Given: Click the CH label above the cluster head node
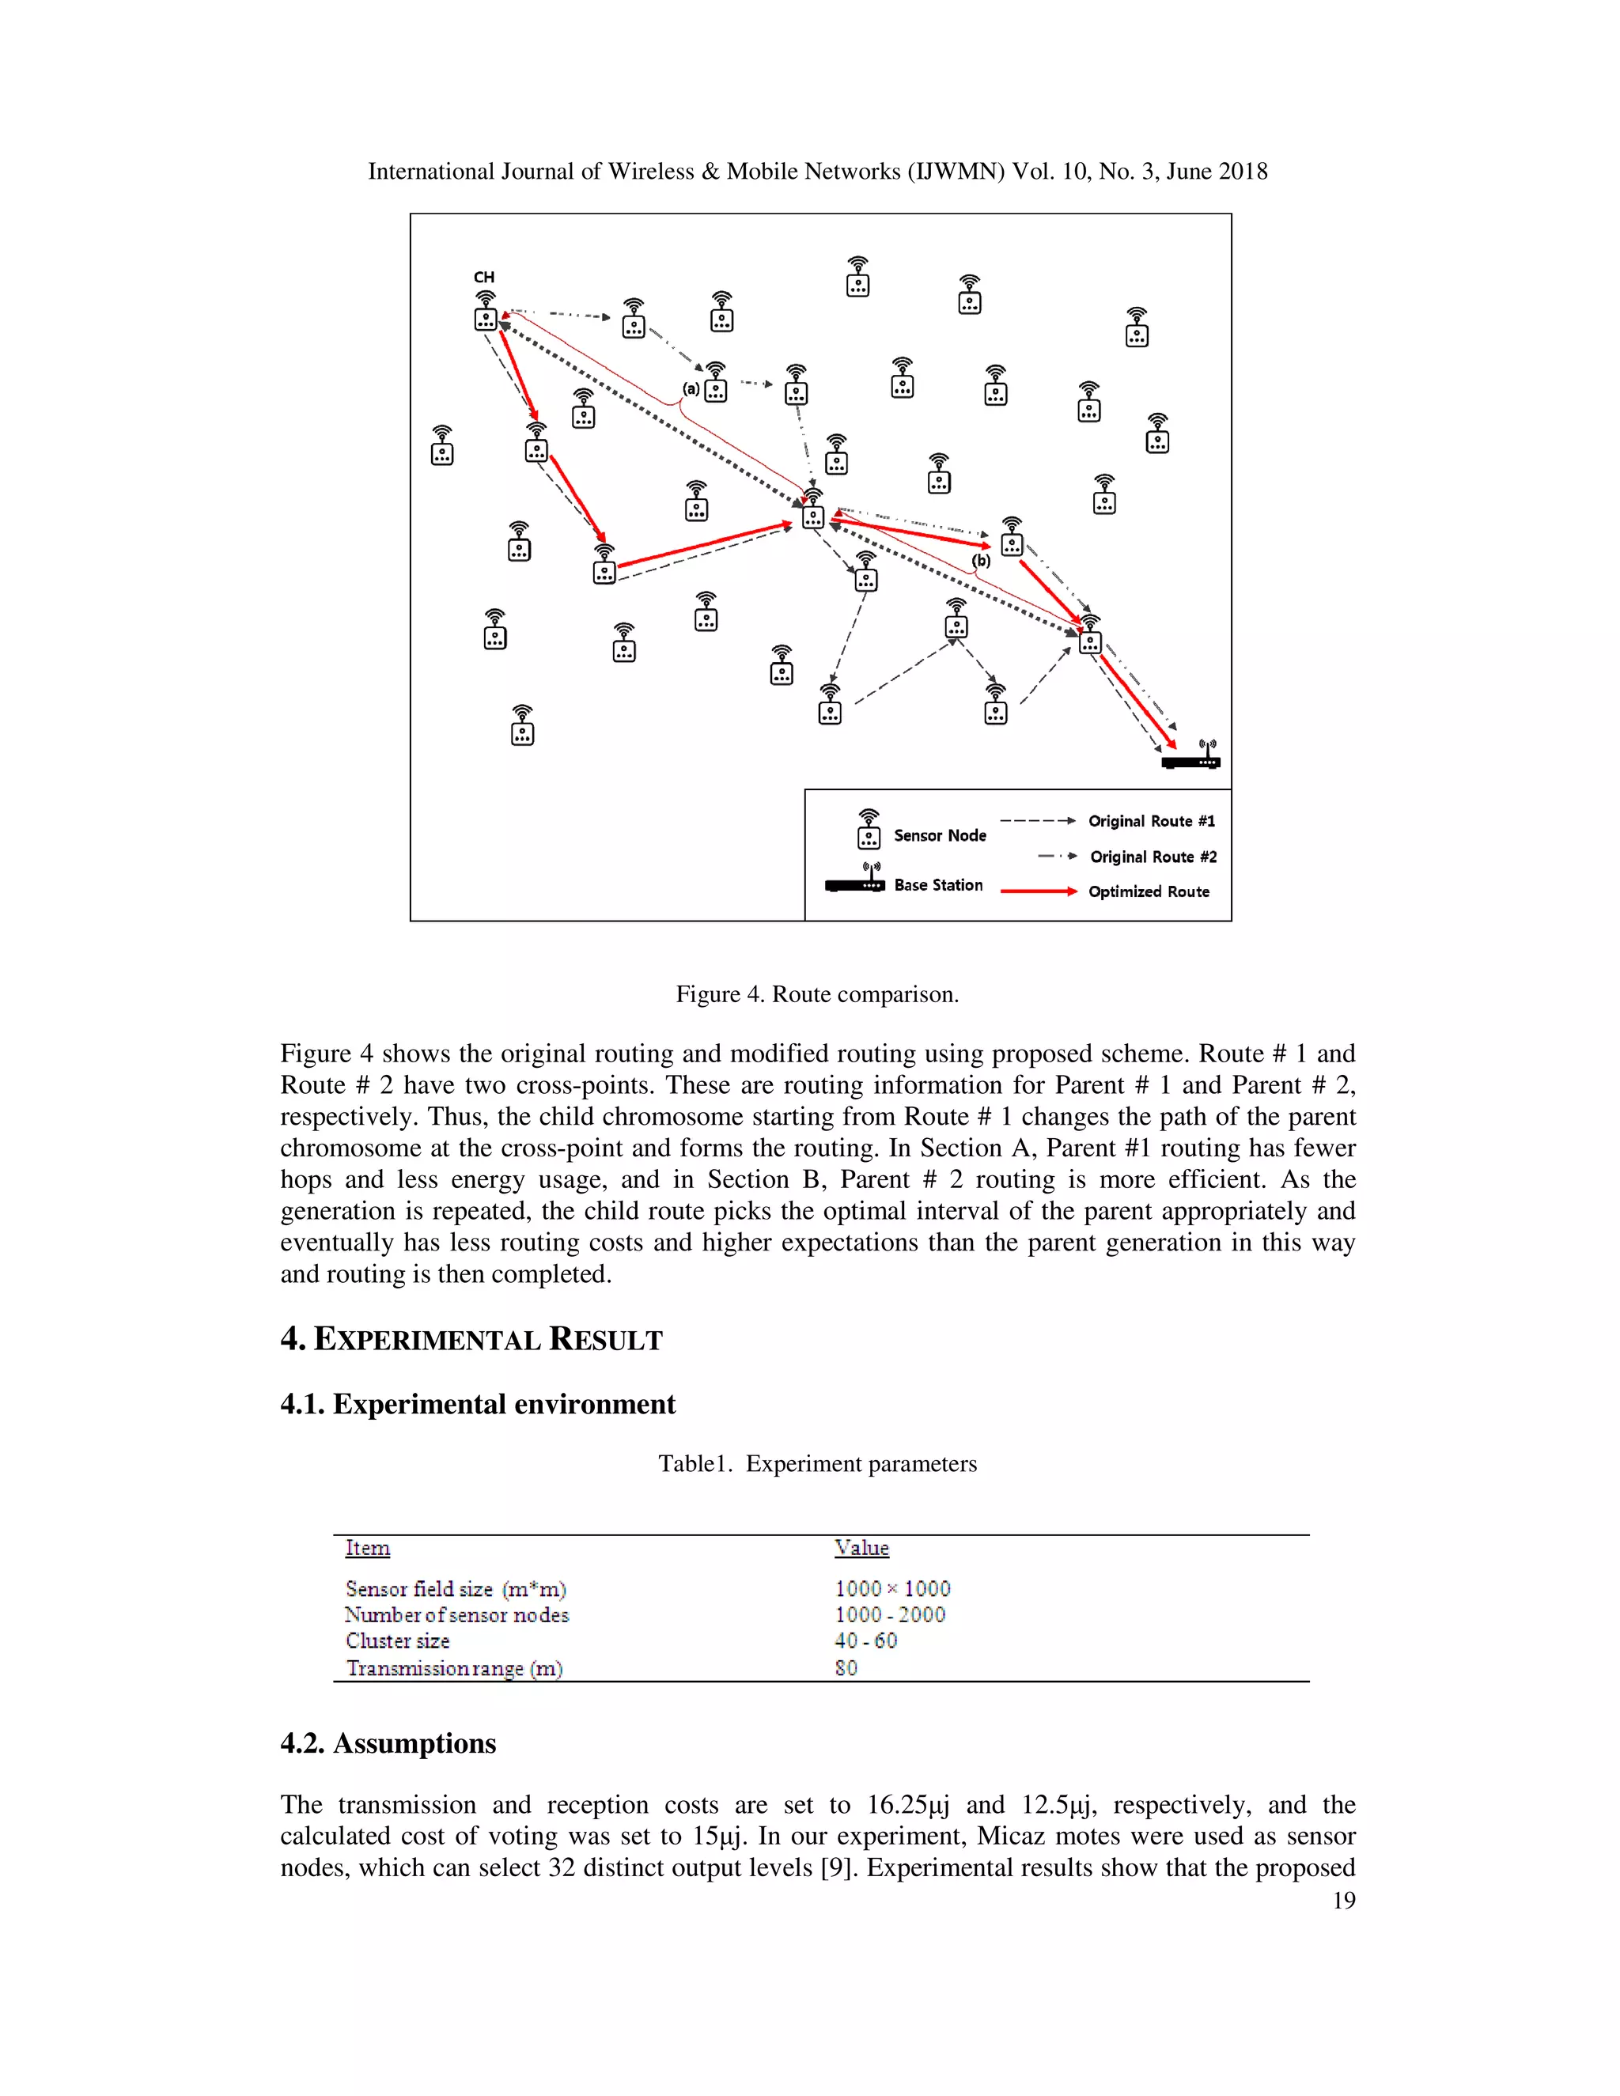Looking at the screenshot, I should pyautogui.click(x=483, y=278).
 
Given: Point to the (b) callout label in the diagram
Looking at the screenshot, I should pyautogui.click(x=980, y=561).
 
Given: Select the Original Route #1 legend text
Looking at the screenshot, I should pyautogui.click(x=1151, y=822).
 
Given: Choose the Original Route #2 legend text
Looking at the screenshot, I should pyautogui.click(x=1153, y=857).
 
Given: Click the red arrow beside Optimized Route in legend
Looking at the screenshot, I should pyautogui.click(x=1039, y=891).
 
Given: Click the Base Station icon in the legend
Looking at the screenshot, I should pyautogui.click(x=855, y=881).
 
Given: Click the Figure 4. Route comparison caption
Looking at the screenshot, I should pyautogui.click(x=816, y=994).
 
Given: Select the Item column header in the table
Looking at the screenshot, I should pyautogui.click(x=368, y=1548).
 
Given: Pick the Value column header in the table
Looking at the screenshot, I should pyautogui.click(x=861, y=1548).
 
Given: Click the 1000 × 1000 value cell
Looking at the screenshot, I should pyautogui.click(x=891, y=1588).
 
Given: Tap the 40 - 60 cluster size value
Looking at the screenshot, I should pyautogui.click(x=865, y=1641).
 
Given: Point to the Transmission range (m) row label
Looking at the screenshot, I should pyautogui.click(x=454, y=1668).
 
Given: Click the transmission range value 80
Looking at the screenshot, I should pyautogui.click(x=846, y=1668).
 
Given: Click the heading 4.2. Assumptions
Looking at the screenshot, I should pyautogui.click(x=388, y=1744).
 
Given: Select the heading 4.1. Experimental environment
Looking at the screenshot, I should pyautogui.click(x=477, y=1405).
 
